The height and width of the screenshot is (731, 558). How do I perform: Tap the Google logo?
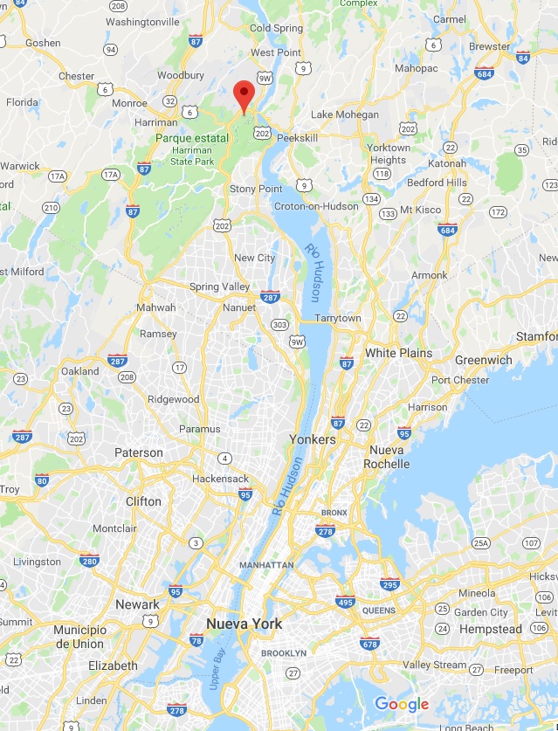click(402, 704)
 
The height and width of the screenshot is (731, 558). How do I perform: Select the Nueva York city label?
click(245, 624)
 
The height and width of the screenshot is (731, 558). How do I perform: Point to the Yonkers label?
click(313, 439)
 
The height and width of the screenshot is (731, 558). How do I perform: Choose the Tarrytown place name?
click(338, 318)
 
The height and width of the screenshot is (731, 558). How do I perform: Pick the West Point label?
click(275, 52)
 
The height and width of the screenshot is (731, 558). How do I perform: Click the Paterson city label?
click(139, 452)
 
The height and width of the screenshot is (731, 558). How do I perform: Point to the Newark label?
click(137, 604)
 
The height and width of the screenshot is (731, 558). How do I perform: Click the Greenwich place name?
click(484, 360)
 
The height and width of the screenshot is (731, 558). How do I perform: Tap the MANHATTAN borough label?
click(265, 565)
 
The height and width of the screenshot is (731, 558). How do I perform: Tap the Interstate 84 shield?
click(522, 58)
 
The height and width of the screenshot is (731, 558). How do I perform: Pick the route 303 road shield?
click(279, 325)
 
